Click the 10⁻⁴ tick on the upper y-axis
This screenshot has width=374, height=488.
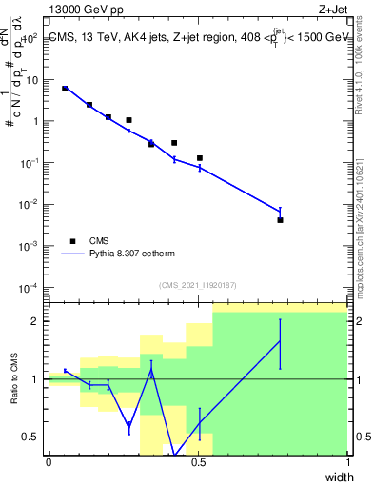point(30,287)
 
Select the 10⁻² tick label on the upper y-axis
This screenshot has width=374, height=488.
point(30,204)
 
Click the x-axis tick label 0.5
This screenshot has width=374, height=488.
point(198,462)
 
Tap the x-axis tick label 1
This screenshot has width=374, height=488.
point(347,462)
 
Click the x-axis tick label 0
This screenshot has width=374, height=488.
point(49,462)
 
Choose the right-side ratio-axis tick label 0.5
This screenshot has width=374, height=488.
point(361,437)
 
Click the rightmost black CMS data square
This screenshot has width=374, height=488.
point(280,220)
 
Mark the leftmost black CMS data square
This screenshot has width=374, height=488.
point(65,89)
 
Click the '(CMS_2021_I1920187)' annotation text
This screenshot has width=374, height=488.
point(197,285)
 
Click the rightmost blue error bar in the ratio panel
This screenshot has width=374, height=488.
point(280,343)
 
